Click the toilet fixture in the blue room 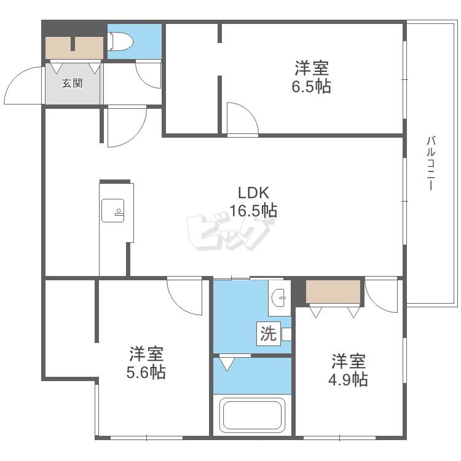click(120, 41)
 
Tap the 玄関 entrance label click(72, 83)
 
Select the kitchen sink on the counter click(112, 210)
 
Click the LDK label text click(253, 193)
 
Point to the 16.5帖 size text click(253, 210)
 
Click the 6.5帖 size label click(312, 87)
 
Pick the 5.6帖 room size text click(146, 372)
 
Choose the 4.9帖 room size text click(348, 379)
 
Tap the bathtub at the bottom click(252, 416)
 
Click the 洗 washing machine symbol click(269, 334)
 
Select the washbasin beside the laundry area click(278, 298)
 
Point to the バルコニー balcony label click(431, 163)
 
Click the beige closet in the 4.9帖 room click(333, 291)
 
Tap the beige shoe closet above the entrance click(74, 47)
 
